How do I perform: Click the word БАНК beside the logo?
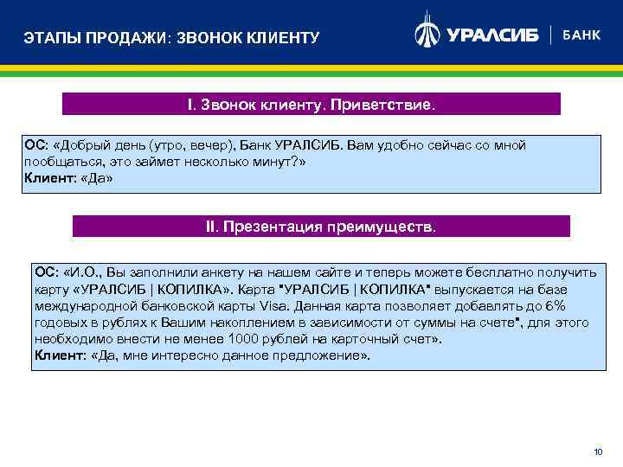581,35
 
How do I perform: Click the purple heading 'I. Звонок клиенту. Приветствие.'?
311,105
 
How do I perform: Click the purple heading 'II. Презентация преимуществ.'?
321,227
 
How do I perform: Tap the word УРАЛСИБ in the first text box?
302,145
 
